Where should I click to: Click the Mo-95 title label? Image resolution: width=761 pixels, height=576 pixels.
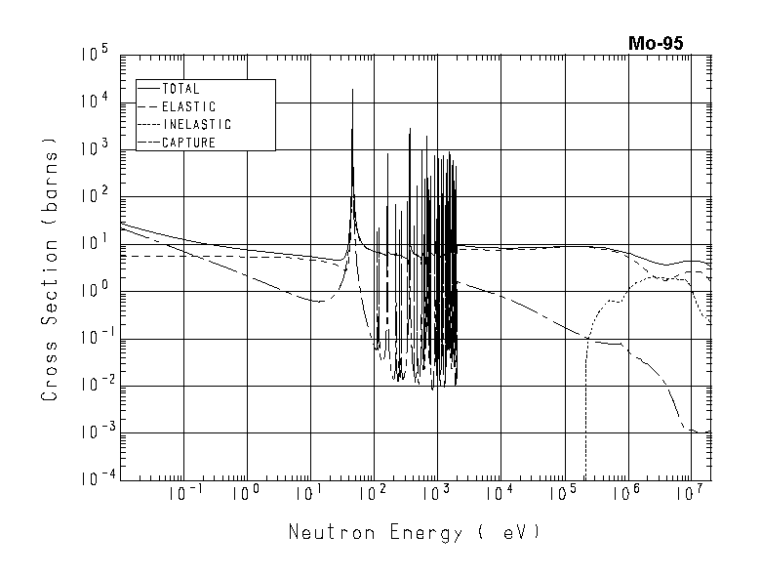(x=656, y=43)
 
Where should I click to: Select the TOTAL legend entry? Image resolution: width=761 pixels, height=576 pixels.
(x=180, y=89)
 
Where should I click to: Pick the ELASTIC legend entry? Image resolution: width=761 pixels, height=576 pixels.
(x=188, y=106)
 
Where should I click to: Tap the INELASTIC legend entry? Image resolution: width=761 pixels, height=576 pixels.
(x=196, y=125)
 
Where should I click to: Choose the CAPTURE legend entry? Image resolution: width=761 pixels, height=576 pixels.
(x=188, y=143)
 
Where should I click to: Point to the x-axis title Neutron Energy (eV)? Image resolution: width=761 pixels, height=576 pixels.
(x=413, y=533)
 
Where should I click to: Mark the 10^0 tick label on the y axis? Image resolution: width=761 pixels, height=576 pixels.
(x=96, y=292)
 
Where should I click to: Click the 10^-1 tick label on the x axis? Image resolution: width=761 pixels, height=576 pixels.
(x=181, y=494)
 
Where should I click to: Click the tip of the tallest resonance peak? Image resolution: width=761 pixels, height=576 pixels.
(x=352, y=90)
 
